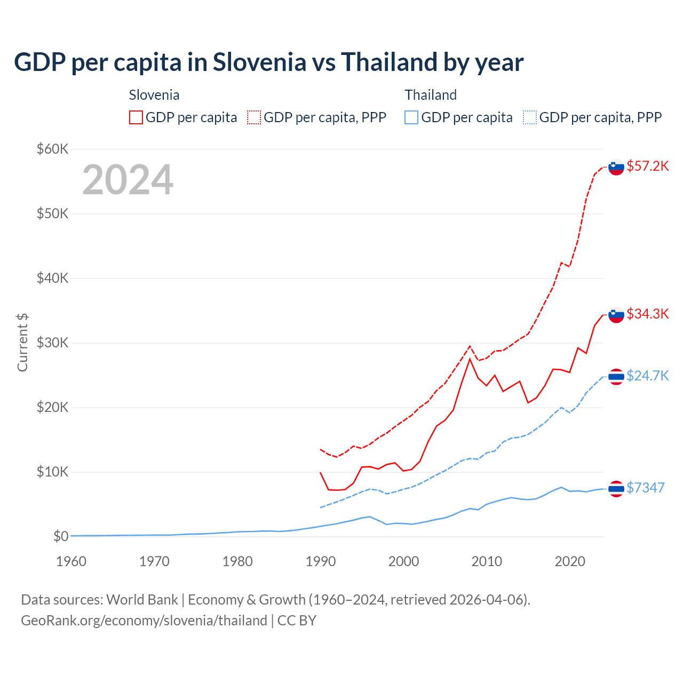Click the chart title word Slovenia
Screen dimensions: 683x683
259,62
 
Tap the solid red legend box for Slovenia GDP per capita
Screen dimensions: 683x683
136,117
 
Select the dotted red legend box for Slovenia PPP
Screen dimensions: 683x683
254,117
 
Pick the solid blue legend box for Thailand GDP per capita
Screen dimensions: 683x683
411,117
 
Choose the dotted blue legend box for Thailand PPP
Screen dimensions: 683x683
530,117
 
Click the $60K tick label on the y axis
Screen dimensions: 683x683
52,149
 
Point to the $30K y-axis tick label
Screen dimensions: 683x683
52,343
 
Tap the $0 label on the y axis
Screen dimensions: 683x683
61,536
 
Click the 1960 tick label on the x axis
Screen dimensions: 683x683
71,561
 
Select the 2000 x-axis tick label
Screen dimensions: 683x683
403,561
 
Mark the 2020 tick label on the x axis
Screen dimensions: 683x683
570,561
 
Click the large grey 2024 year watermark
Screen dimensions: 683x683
128,180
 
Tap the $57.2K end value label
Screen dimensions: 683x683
647,166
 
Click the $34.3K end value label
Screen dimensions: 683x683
647,314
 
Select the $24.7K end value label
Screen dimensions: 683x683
647,376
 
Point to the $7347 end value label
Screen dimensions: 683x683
645,488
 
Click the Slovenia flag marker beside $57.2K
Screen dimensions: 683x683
616,167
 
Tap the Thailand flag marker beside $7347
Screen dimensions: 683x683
616,489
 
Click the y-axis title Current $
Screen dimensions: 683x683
22,343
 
